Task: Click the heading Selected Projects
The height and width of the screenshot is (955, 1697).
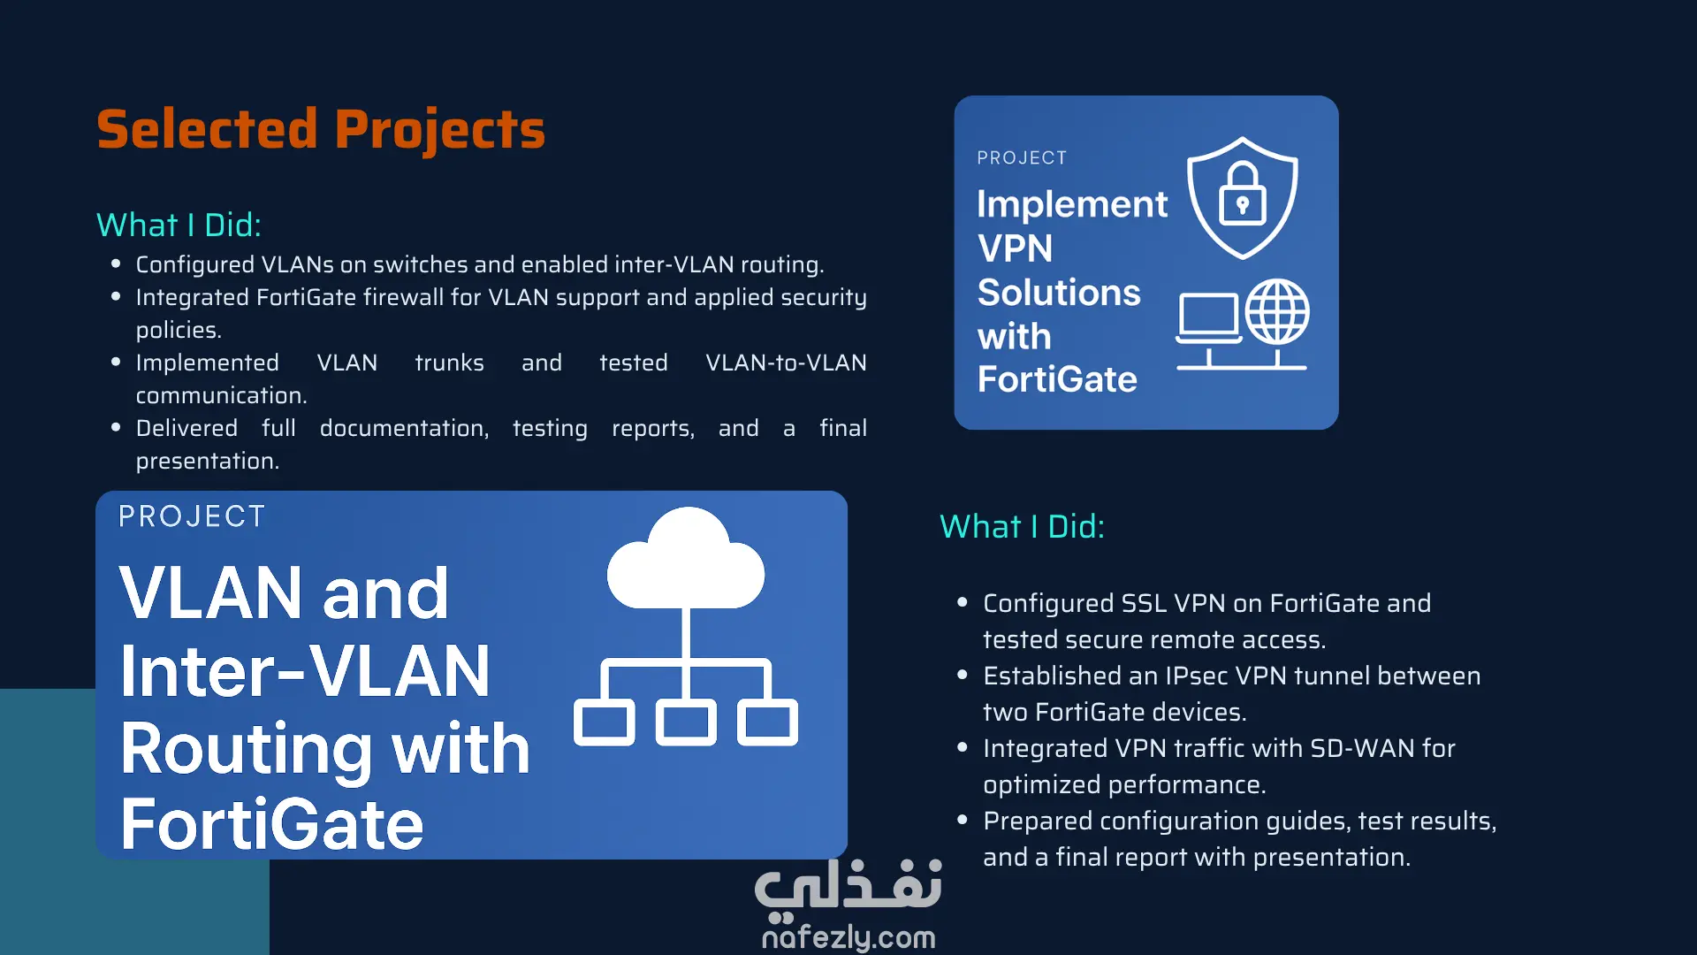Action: [x=321, y=130]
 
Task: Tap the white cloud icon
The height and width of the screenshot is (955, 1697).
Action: [x=686, y=559]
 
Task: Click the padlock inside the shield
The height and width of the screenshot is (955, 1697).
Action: [x=1243, y=195]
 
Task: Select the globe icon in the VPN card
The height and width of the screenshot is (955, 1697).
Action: [x=1277, y=312]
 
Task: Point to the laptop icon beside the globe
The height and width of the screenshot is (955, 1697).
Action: [x=1208, y=318]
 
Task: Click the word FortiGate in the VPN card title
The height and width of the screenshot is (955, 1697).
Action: [x=1057, y=379]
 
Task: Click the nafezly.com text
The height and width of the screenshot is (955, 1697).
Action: [x=848, y=936]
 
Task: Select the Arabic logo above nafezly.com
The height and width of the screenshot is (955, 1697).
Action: [x=848, y=886]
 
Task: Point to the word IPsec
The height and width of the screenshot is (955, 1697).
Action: [x=1196, y=676]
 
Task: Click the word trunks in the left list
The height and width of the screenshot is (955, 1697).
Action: [x=449, y=363]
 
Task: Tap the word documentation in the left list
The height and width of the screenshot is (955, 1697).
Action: [x=404, y=428]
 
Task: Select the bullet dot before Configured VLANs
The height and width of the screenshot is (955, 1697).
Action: [x=116, y=264]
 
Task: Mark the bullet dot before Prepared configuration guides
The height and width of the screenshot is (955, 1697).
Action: [x=963, y=820]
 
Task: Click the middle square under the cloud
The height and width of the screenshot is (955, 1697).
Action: [x=686, y=722]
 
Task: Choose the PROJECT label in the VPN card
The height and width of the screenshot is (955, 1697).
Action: [x=1022, y=157]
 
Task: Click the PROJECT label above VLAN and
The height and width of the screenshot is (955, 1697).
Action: [x=192, y=516]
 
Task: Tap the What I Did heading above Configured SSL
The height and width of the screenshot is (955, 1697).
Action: [x=1022, y=526]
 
